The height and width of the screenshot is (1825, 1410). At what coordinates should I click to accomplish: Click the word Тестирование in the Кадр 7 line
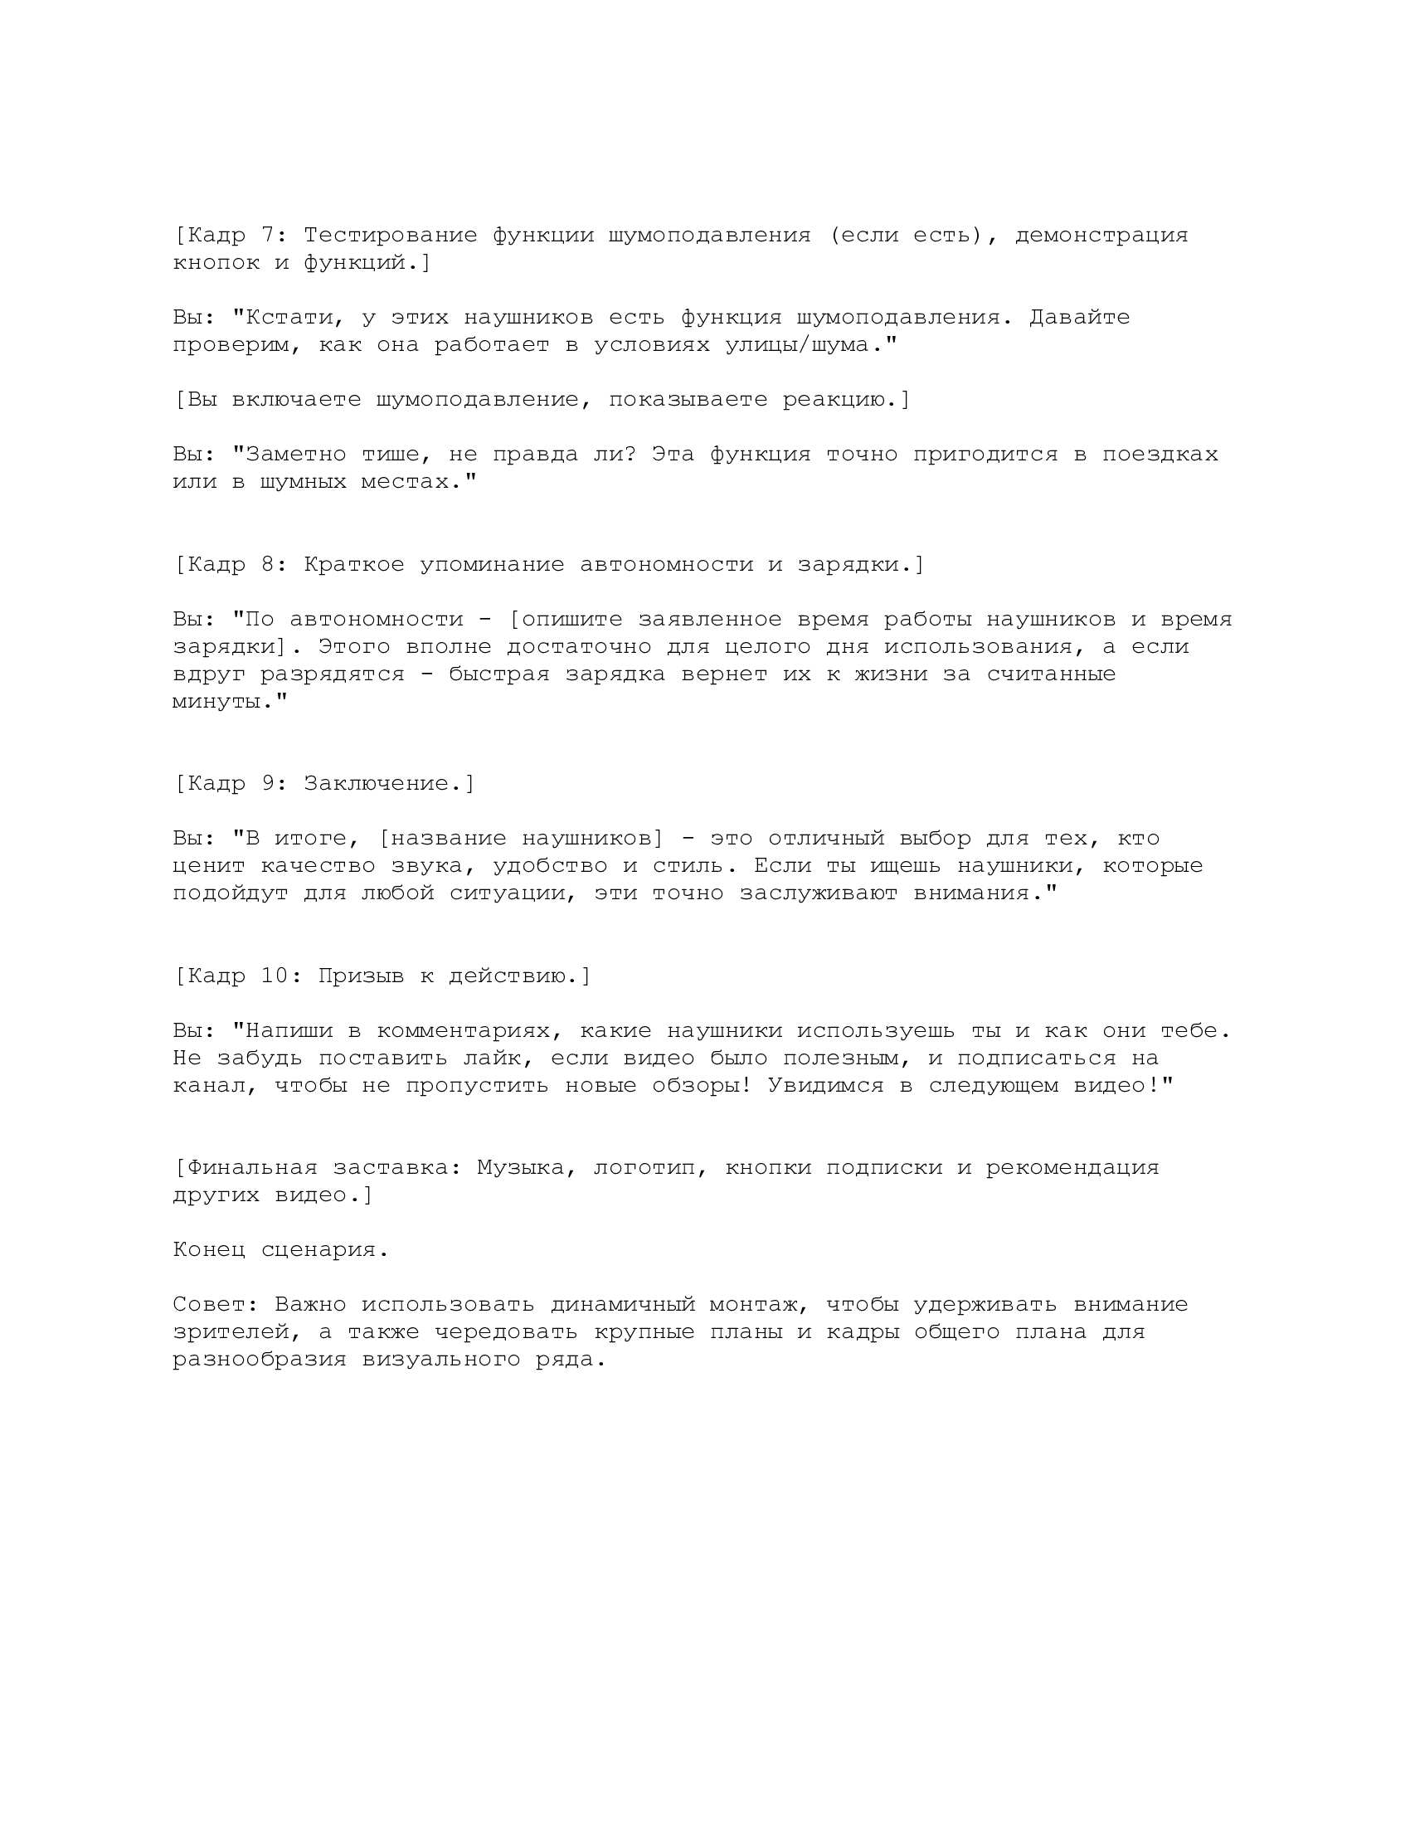390,236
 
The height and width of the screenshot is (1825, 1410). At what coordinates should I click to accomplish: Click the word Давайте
1079,318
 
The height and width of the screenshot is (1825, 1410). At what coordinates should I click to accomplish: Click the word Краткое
353,565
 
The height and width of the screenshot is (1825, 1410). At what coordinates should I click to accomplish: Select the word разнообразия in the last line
260,1360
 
